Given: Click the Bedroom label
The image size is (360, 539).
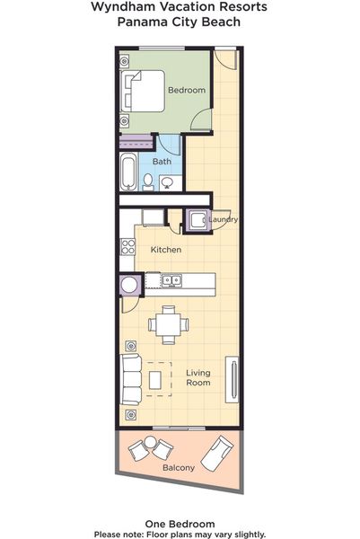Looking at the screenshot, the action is pos(187,90).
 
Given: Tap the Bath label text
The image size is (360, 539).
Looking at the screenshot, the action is pos(162,161).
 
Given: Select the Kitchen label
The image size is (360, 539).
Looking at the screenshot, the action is pos(166,250).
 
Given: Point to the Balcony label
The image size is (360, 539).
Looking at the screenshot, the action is pos(179,467).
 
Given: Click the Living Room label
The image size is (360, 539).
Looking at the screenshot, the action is pos(198,377).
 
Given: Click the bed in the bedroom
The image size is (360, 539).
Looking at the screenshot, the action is pos(143,91).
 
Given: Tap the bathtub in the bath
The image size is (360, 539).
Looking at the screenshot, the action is pos(128,172).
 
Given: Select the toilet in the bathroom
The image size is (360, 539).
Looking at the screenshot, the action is pos(148,182).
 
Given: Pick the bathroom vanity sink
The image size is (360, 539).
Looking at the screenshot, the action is pos(168,182).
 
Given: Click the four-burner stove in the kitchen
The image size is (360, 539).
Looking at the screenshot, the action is pos(127,247).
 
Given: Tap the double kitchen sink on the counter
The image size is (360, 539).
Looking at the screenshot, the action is pos(171,280).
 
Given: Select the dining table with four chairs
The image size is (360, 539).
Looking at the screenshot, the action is pos(168,325).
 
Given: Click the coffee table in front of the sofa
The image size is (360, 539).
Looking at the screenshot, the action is pos(155,380).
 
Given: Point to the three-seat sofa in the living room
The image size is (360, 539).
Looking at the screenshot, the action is pos(131,379).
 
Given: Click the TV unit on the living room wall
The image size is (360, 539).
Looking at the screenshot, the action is pos(232,380).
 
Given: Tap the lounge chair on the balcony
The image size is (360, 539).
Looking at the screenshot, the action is pos(216,454).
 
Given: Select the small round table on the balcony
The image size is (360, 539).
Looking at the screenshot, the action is pos(150,442).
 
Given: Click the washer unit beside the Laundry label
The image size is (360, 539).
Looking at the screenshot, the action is pos(198,220).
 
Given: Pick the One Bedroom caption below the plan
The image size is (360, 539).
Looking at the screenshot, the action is pos(180,524).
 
